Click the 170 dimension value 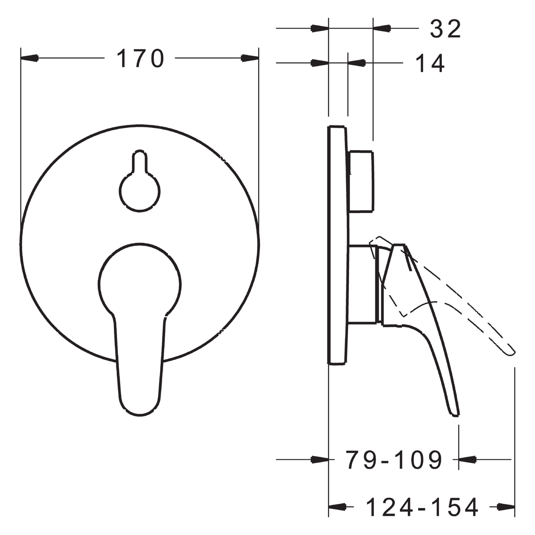140,58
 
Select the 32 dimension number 446,29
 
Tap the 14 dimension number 430,64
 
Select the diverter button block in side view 361,181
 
